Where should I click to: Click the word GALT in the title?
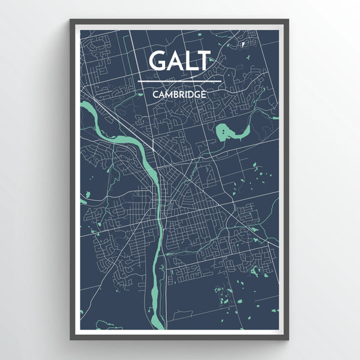[180, 61]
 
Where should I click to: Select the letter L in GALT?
[191, 61]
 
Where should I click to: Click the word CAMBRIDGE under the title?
[180, 94]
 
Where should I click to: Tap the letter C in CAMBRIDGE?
[155, 94]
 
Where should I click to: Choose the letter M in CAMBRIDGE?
[169, 94]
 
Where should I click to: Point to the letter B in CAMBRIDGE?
[176, 94]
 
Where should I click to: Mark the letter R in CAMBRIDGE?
[182, 94]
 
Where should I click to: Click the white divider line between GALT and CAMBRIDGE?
[180, 81]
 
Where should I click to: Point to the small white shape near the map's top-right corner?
[243, 44]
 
